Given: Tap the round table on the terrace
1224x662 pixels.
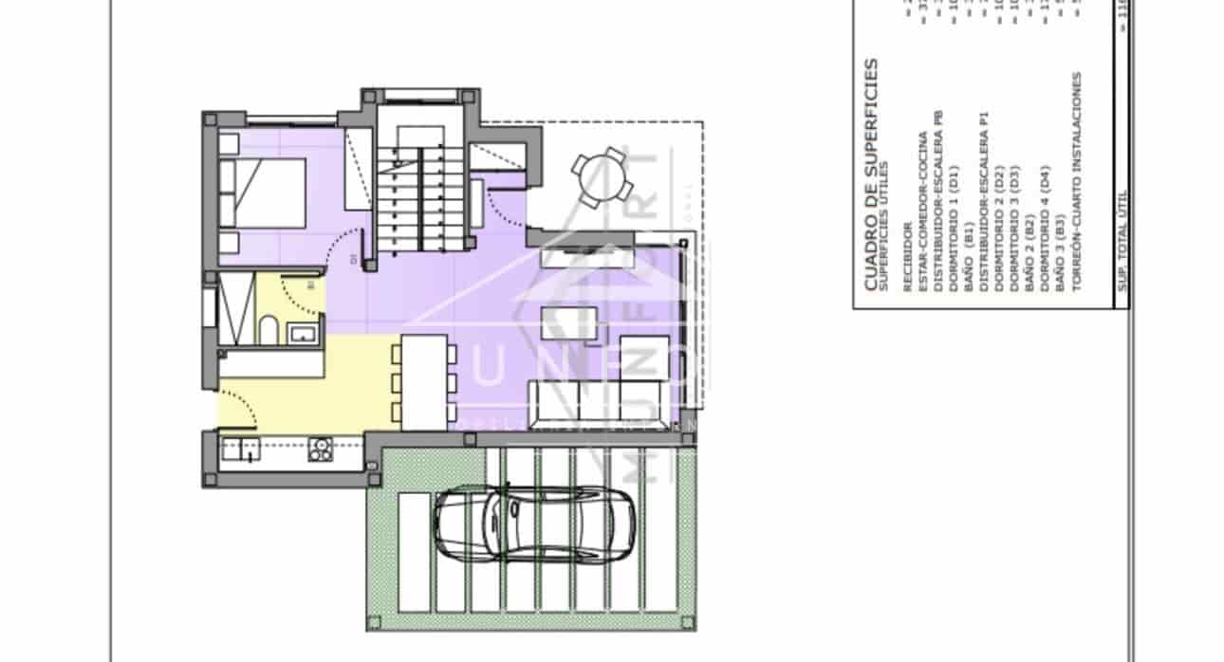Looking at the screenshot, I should coord(603,176).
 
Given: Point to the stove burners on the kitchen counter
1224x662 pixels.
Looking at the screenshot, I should coord(321,449).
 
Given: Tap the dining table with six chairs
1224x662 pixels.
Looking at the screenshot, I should coord(423,381).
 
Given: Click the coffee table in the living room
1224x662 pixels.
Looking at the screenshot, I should coord(569,324).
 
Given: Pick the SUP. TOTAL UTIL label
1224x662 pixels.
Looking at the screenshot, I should coord(1121,247).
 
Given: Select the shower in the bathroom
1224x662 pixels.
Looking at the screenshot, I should coord(236,309).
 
